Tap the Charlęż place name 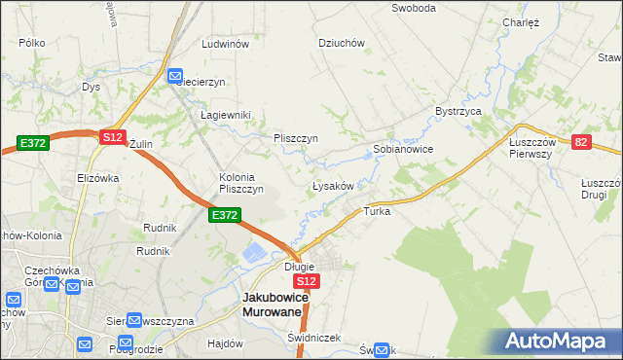click(x=521, y=21)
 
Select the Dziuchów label click(x=342, y=43)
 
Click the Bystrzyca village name click(x=459, y=112)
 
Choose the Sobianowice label click(x=403, y=150)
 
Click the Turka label click(x=377, y=211)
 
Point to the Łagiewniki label click(x=226, y=115)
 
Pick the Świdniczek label click(x=313, y=338)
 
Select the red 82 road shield click(x=581, y=142)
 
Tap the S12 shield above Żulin click(x=112, y=139)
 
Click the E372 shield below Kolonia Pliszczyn click(x=224, y=215)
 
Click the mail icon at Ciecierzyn click(x=176, y=76)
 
